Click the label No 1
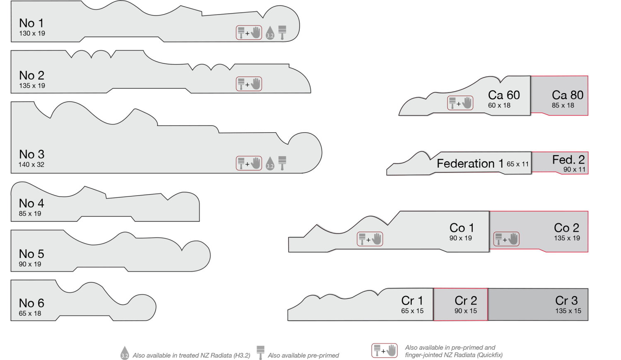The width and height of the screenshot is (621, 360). (x=31, y=23)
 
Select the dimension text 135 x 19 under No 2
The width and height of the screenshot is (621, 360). (x=32, y=86)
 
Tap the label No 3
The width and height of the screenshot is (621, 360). (x=31, y=155)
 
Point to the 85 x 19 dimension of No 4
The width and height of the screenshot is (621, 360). (x=30, y=214)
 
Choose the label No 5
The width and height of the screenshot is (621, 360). (x=31, y=254)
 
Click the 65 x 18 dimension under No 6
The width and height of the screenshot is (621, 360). (x=30, y=314)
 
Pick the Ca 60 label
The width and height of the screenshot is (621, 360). (x=504, y=95)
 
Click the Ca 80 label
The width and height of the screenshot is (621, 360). (x=568, y=95)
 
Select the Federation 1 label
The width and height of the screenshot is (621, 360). (x=470, y=164)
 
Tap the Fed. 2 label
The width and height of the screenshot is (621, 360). (x=568, y=159)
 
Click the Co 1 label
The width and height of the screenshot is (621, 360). (x=462, y=228)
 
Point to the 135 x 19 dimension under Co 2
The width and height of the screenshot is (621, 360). (x=567, y=238)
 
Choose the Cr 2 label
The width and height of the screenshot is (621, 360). (x=466, y=300)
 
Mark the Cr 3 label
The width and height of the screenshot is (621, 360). (x=566, y=300)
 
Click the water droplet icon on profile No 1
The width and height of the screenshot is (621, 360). (x=270, y=33)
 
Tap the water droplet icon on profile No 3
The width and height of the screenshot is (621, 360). (x=270, y=163)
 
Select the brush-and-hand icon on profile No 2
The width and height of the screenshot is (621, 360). (x=249, y=84)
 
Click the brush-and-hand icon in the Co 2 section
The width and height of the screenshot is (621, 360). (x=506, y=239)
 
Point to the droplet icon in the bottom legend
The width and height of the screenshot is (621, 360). (x=125, y=353)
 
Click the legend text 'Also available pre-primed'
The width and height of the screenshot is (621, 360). (x=303, y=355)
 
